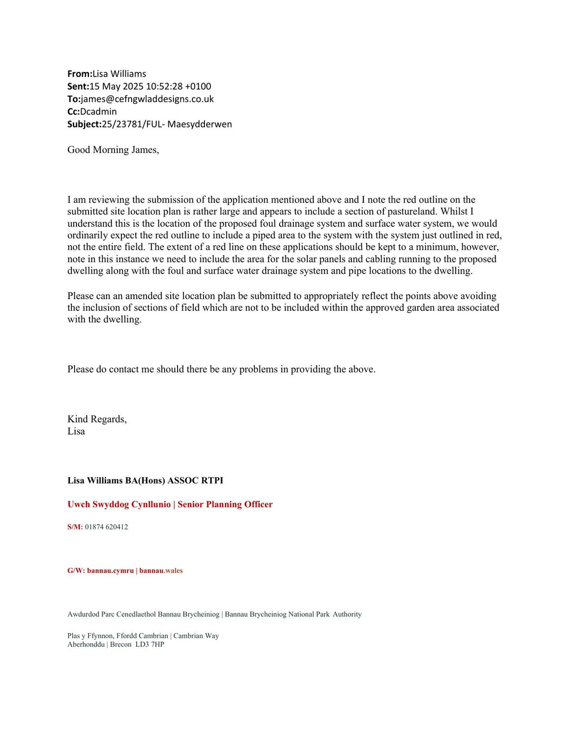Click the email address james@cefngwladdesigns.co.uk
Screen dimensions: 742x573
(147, 99)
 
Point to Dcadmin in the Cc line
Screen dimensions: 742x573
(98, 111)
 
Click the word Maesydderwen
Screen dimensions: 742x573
(200, 124)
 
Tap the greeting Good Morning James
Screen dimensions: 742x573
(113, 150)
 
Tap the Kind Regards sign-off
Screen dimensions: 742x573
(97, 419)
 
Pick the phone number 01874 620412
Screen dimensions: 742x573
(106, 527)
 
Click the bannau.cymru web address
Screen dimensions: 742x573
(110, 571)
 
